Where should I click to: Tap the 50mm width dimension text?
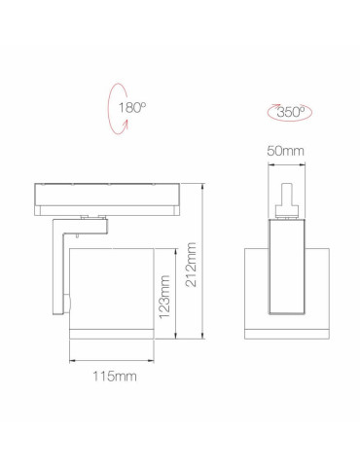point(287,152)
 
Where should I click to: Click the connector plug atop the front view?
point(288,195)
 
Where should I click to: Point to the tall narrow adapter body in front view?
point(288,268)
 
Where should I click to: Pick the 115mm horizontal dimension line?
point(110,362)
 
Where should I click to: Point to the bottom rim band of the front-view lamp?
point(288,335)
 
